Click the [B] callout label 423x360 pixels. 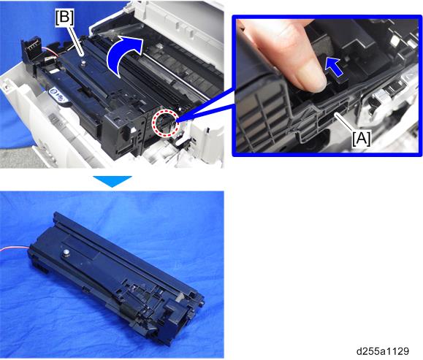64,18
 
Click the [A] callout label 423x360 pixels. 362,139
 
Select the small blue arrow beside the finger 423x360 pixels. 334,68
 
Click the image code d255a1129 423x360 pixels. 383,351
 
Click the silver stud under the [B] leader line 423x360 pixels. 84,63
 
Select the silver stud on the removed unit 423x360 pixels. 66,253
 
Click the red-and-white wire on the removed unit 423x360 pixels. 14,248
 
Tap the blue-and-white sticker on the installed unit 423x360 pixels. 58,95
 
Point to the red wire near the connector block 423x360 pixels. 50,52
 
